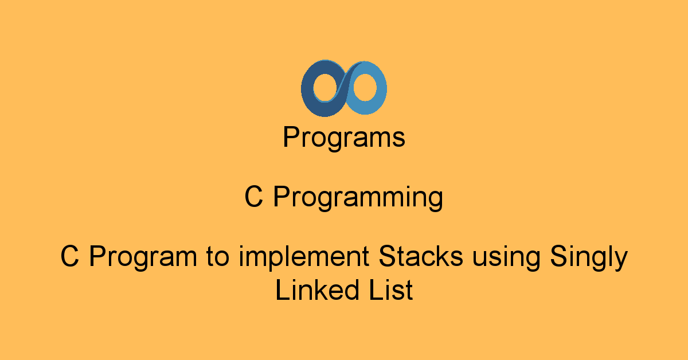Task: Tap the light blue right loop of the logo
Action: (381, 88)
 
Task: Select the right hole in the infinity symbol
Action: (365, 87)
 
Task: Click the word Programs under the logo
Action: (344, 138)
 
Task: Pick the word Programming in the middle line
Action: (358, 198)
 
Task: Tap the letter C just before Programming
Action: (253, 196)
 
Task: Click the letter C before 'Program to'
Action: (70, 256)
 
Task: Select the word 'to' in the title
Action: (217, 257)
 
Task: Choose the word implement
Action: (304, 258)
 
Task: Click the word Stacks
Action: (421, 256)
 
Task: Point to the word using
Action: (506, 258)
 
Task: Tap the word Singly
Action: (589, 258)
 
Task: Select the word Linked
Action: (317, 289)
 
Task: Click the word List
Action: (390, 289)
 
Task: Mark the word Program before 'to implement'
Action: (143, 258)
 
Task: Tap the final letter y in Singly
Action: (620, 261)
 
